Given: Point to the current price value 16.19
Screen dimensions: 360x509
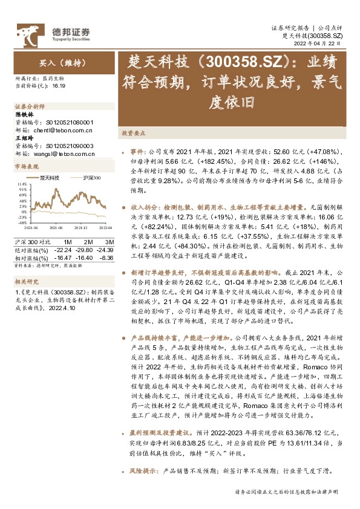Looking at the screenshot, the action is [x=59, y=87].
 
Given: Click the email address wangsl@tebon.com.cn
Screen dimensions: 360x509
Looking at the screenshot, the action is [x=62, y=154].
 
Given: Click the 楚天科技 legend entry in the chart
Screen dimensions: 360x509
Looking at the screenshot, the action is [x=50, y=178].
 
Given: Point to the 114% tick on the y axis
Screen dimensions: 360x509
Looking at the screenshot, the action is [x=21, y=183].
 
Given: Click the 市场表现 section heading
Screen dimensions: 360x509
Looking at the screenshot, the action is [x=27, y=166].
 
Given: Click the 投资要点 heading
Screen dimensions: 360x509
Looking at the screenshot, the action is [x=134, y=132].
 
